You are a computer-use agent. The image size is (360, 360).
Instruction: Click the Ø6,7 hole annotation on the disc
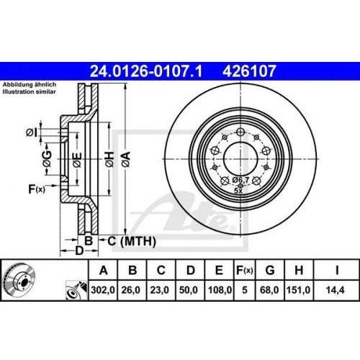[x=240, y=179]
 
